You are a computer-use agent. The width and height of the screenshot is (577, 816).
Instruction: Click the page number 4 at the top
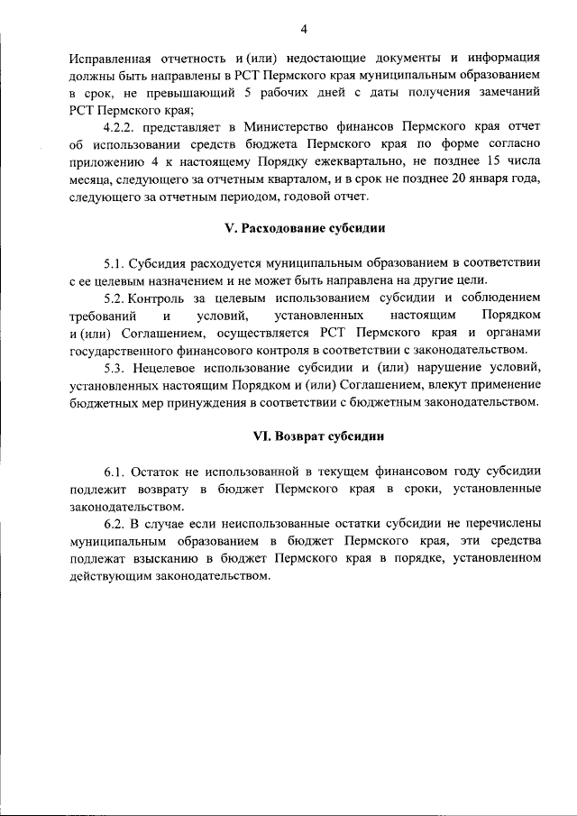tap(305, 29)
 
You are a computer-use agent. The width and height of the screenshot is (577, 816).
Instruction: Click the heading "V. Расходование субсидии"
tap(305, 229)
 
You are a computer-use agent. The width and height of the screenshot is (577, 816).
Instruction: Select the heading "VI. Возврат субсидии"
tap(306, 436)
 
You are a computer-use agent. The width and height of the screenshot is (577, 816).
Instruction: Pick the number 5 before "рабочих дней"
tap(261, 95)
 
